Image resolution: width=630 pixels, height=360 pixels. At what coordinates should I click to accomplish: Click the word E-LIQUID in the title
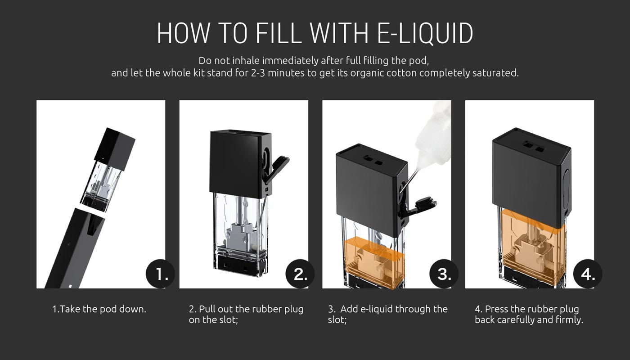coord(425,33)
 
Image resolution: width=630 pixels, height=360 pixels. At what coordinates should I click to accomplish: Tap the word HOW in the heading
coord(183,33)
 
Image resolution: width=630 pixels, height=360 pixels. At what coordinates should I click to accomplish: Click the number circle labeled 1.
coord(160,274)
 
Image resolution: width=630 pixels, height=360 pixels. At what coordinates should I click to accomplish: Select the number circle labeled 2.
coord(300,274)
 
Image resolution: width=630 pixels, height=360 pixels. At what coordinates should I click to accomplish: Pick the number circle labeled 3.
coord(444,274)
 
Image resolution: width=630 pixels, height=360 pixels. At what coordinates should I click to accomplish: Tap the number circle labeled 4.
coord(588,274)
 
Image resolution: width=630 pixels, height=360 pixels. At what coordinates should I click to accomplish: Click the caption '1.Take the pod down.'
coord(99,309)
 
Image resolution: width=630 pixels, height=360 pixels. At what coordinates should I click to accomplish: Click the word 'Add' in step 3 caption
coord(349,309)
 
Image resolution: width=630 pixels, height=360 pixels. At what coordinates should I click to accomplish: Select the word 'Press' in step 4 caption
coord(497,309)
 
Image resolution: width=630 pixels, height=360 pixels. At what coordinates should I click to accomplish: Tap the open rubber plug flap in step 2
coord(277,168)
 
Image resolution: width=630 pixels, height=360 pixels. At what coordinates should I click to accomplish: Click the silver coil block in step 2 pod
coord(241,236)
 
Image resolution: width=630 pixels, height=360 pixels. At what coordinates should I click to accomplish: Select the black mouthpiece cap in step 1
coord(114,149)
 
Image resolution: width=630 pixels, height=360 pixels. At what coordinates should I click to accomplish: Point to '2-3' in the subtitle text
coord(258,73)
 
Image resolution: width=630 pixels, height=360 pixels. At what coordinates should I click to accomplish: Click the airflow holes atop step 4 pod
coord(533,147)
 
